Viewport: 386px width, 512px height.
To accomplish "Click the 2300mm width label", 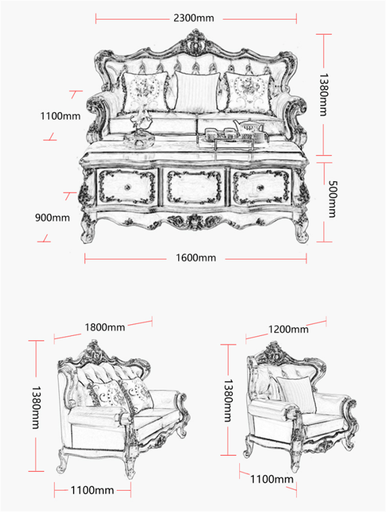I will click(193, 18).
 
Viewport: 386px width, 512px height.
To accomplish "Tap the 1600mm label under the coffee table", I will click(195, 258).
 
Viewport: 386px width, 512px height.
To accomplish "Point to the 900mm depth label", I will click(53, 218).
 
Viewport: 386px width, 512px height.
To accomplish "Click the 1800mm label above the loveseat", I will click(105, 327).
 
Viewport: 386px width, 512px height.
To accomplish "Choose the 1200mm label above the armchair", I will click(289, 329).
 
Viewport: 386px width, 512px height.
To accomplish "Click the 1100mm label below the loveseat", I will click(92, 489).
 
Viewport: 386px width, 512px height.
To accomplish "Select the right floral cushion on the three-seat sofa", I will click(249, 92).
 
